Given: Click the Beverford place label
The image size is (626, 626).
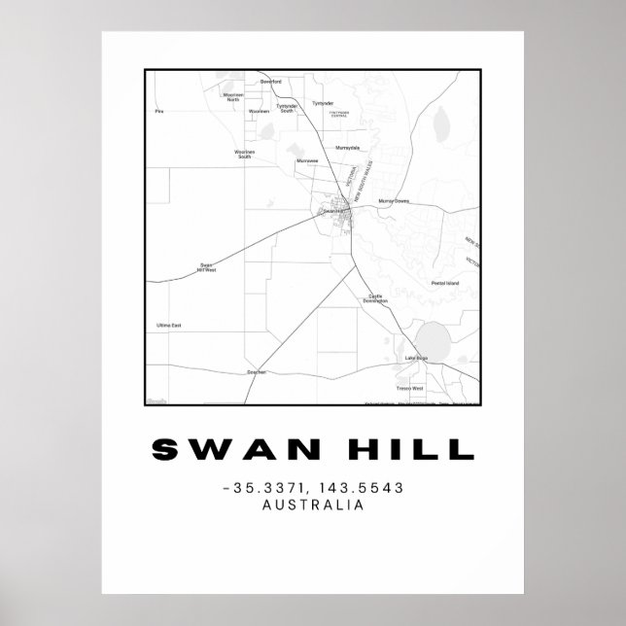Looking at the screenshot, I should [270, 82].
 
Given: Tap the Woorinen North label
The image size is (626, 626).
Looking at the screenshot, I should [233, 97].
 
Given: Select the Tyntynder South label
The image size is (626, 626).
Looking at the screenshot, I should [286, 109].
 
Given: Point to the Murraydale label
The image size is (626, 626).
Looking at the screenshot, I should [347, 148].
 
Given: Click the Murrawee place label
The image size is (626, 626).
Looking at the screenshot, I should [306, 161].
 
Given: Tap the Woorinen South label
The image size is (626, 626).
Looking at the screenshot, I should [244, 154].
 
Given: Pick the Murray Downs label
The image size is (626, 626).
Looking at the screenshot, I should [395, 201].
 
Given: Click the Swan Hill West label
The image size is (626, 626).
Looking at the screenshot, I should [206, 267].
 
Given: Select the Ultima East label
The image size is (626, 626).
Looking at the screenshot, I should [168, 325].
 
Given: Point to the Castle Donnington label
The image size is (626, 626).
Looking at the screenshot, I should [376, 298].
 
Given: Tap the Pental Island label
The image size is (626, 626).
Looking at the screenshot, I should [444, 283].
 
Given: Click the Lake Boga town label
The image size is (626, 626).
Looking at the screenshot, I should [415, 360].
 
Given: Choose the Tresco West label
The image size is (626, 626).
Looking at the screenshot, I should [412, 388].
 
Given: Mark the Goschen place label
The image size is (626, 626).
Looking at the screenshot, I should [257, 371].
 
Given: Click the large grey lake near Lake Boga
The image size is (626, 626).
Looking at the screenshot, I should [432, 340].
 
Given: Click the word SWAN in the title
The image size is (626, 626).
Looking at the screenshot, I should [221, 449].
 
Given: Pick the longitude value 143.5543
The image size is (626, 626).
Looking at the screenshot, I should [363, 487].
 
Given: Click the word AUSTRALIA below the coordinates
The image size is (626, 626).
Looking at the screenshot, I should [313, 504].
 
